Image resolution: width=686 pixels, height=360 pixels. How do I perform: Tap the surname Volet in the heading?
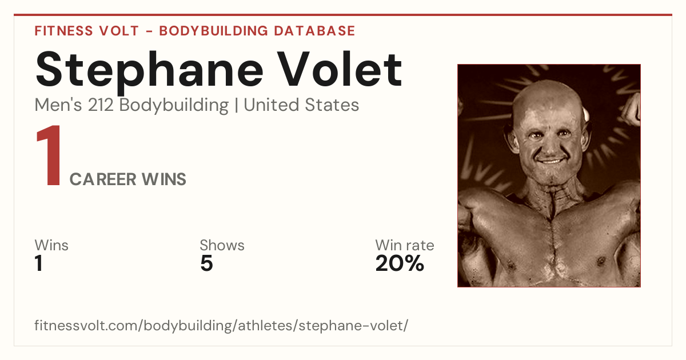pyautogui.click(x=341, y=69)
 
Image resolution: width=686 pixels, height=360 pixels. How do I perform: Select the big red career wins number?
pyautogui.click(x=49, y=155)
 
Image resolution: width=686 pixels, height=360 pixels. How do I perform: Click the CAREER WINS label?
pyautogui.click(x=127, y=179)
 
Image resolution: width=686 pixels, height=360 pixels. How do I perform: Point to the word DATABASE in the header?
pyautogui.click(x=314, y=31)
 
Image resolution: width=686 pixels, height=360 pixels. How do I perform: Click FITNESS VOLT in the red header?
pyautogui.click(x=87, y=31)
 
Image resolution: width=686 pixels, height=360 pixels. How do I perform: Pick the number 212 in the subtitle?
pyautogui.click(x=101, y=105)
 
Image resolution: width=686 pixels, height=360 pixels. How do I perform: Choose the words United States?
pyautogui.click(x=301, y=105)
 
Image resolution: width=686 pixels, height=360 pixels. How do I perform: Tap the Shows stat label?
pyautogui.click(x=222, y=245)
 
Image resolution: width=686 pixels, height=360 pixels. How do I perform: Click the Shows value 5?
pyautogui.click(x=207, y=263)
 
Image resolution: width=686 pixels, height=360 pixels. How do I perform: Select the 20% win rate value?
pyautogui.click(x=400, y=263)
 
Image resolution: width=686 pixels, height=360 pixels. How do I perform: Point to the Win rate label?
pyautogui.click(x=405, y=245)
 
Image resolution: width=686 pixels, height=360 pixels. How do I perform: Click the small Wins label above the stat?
pyautogui.click(x=51, y=245)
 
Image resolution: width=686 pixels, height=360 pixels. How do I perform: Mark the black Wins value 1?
pyautogui.click(x=39, y=263)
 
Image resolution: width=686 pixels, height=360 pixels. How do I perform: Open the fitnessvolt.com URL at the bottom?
pyautogui.click(x=221, y=325)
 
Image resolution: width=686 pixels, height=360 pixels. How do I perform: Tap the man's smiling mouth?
pyautogui.click(x=551, y=161)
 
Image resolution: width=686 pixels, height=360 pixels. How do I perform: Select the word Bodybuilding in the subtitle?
pyautogui.click(x=174, y=106)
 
